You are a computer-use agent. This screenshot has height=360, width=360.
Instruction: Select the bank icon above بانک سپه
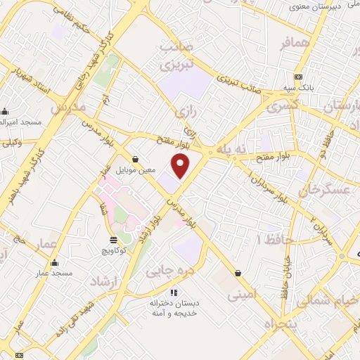point(299,77)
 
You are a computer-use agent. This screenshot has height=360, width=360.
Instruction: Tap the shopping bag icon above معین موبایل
point(135,160)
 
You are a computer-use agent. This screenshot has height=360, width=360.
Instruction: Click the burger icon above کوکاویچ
point(114,240)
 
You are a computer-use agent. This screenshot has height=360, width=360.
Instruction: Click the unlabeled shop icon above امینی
point(239,273)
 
